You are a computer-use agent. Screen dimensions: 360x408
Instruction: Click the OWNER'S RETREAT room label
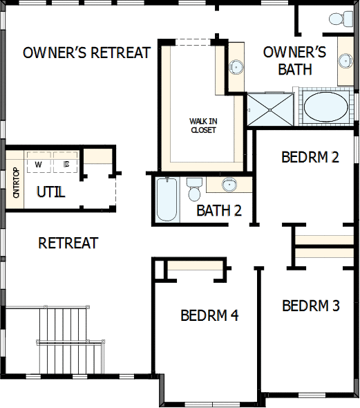click(x=87, y=53)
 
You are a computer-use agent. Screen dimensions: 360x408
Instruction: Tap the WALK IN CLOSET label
click(x=203, y=125)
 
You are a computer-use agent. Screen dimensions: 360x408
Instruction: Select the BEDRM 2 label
click(x=310, y=157)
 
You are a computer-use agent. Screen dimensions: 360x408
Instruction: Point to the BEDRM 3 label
click(x=311, y=306)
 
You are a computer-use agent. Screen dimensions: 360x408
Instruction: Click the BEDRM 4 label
click(x=209, y=315)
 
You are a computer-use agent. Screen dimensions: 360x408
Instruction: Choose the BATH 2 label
click(x=219, y=210)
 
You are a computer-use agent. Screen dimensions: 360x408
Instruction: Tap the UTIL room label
click(x=51, y=192)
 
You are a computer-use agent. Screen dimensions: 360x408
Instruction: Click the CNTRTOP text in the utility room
click(x=16, y=183)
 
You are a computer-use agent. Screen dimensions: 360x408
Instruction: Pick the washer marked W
click(x=39, y=162)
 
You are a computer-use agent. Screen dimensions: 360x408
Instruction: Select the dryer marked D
click(x=66, y=162)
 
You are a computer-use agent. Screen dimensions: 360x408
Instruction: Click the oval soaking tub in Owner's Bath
click(x=326, y=107)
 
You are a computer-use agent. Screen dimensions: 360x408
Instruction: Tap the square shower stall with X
click(x=269, y=110)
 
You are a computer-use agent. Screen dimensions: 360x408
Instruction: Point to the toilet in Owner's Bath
click(x=341, y=19)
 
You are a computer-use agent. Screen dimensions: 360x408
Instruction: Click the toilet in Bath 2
click(x=194, y=189)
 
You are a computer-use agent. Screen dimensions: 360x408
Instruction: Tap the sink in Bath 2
click(x=229, y=184)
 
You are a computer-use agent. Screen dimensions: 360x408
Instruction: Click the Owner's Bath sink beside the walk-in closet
click(x=236, y=67)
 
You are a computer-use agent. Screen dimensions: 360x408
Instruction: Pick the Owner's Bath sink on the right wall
click(x=345, y=61)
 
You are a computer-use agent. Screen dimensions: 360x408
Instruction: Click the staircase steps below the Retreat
click(x=70, y=341)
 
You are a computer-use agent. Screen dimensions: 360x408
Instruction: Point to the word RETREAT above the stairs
click(x=68, y=243)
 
